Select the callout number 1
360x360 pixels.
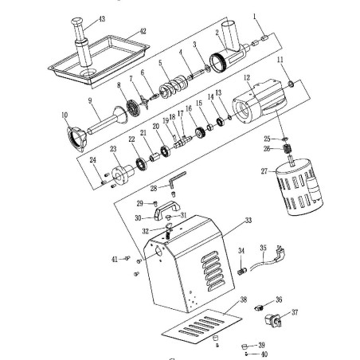tap(255, 16)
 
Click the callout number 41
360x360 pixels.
tap(115, 259)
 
